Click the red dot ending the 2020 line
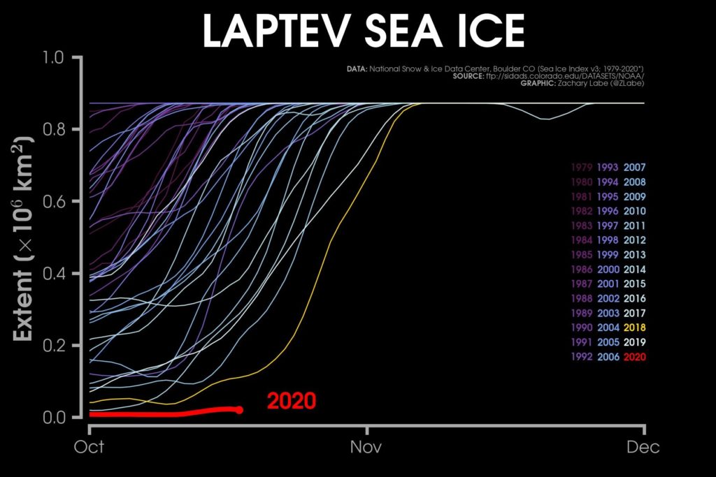click(x=239, y=410)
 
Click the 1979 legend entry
click(x=582, y=168)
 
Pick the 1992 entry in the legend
click(x=582, y=357)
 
